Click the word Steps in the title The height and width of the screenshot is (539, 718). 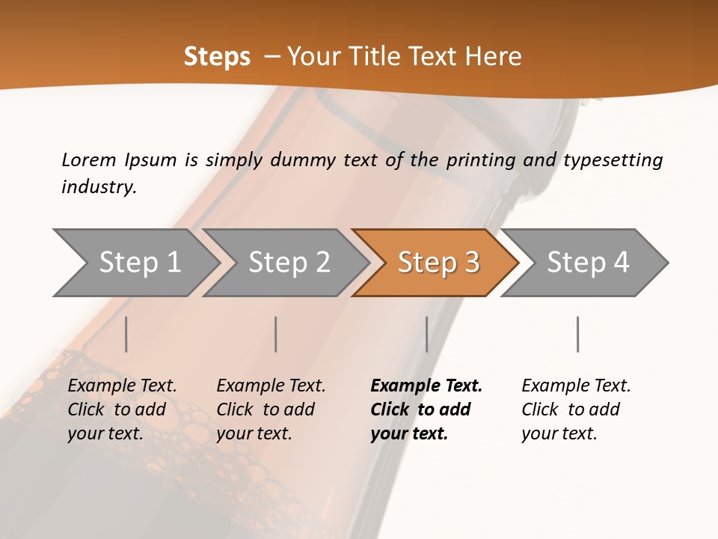click(217, 57)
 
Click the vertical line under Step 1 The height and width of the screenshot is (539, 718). click(126, 334)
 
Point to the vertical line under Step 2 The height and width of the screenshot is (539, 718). click(276, 334)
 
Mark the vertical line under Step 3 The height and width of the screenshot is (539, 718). click(426, 334)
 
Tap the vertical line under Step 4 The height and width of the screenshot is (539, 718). click(577, 334)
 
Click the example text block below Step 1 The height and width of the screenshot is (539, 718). click(122, 409)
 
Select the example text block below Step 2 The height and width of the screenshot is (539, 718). click(271, 409)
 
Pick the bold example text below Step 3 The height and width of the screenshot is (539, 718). click(426, 409)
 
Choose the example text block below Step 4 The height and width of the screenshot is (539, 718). click(576, 409)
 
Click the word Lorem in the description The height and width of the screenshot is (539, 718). click(89, 160)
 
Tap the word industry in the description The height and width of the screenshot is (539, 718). click(99, 187)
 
